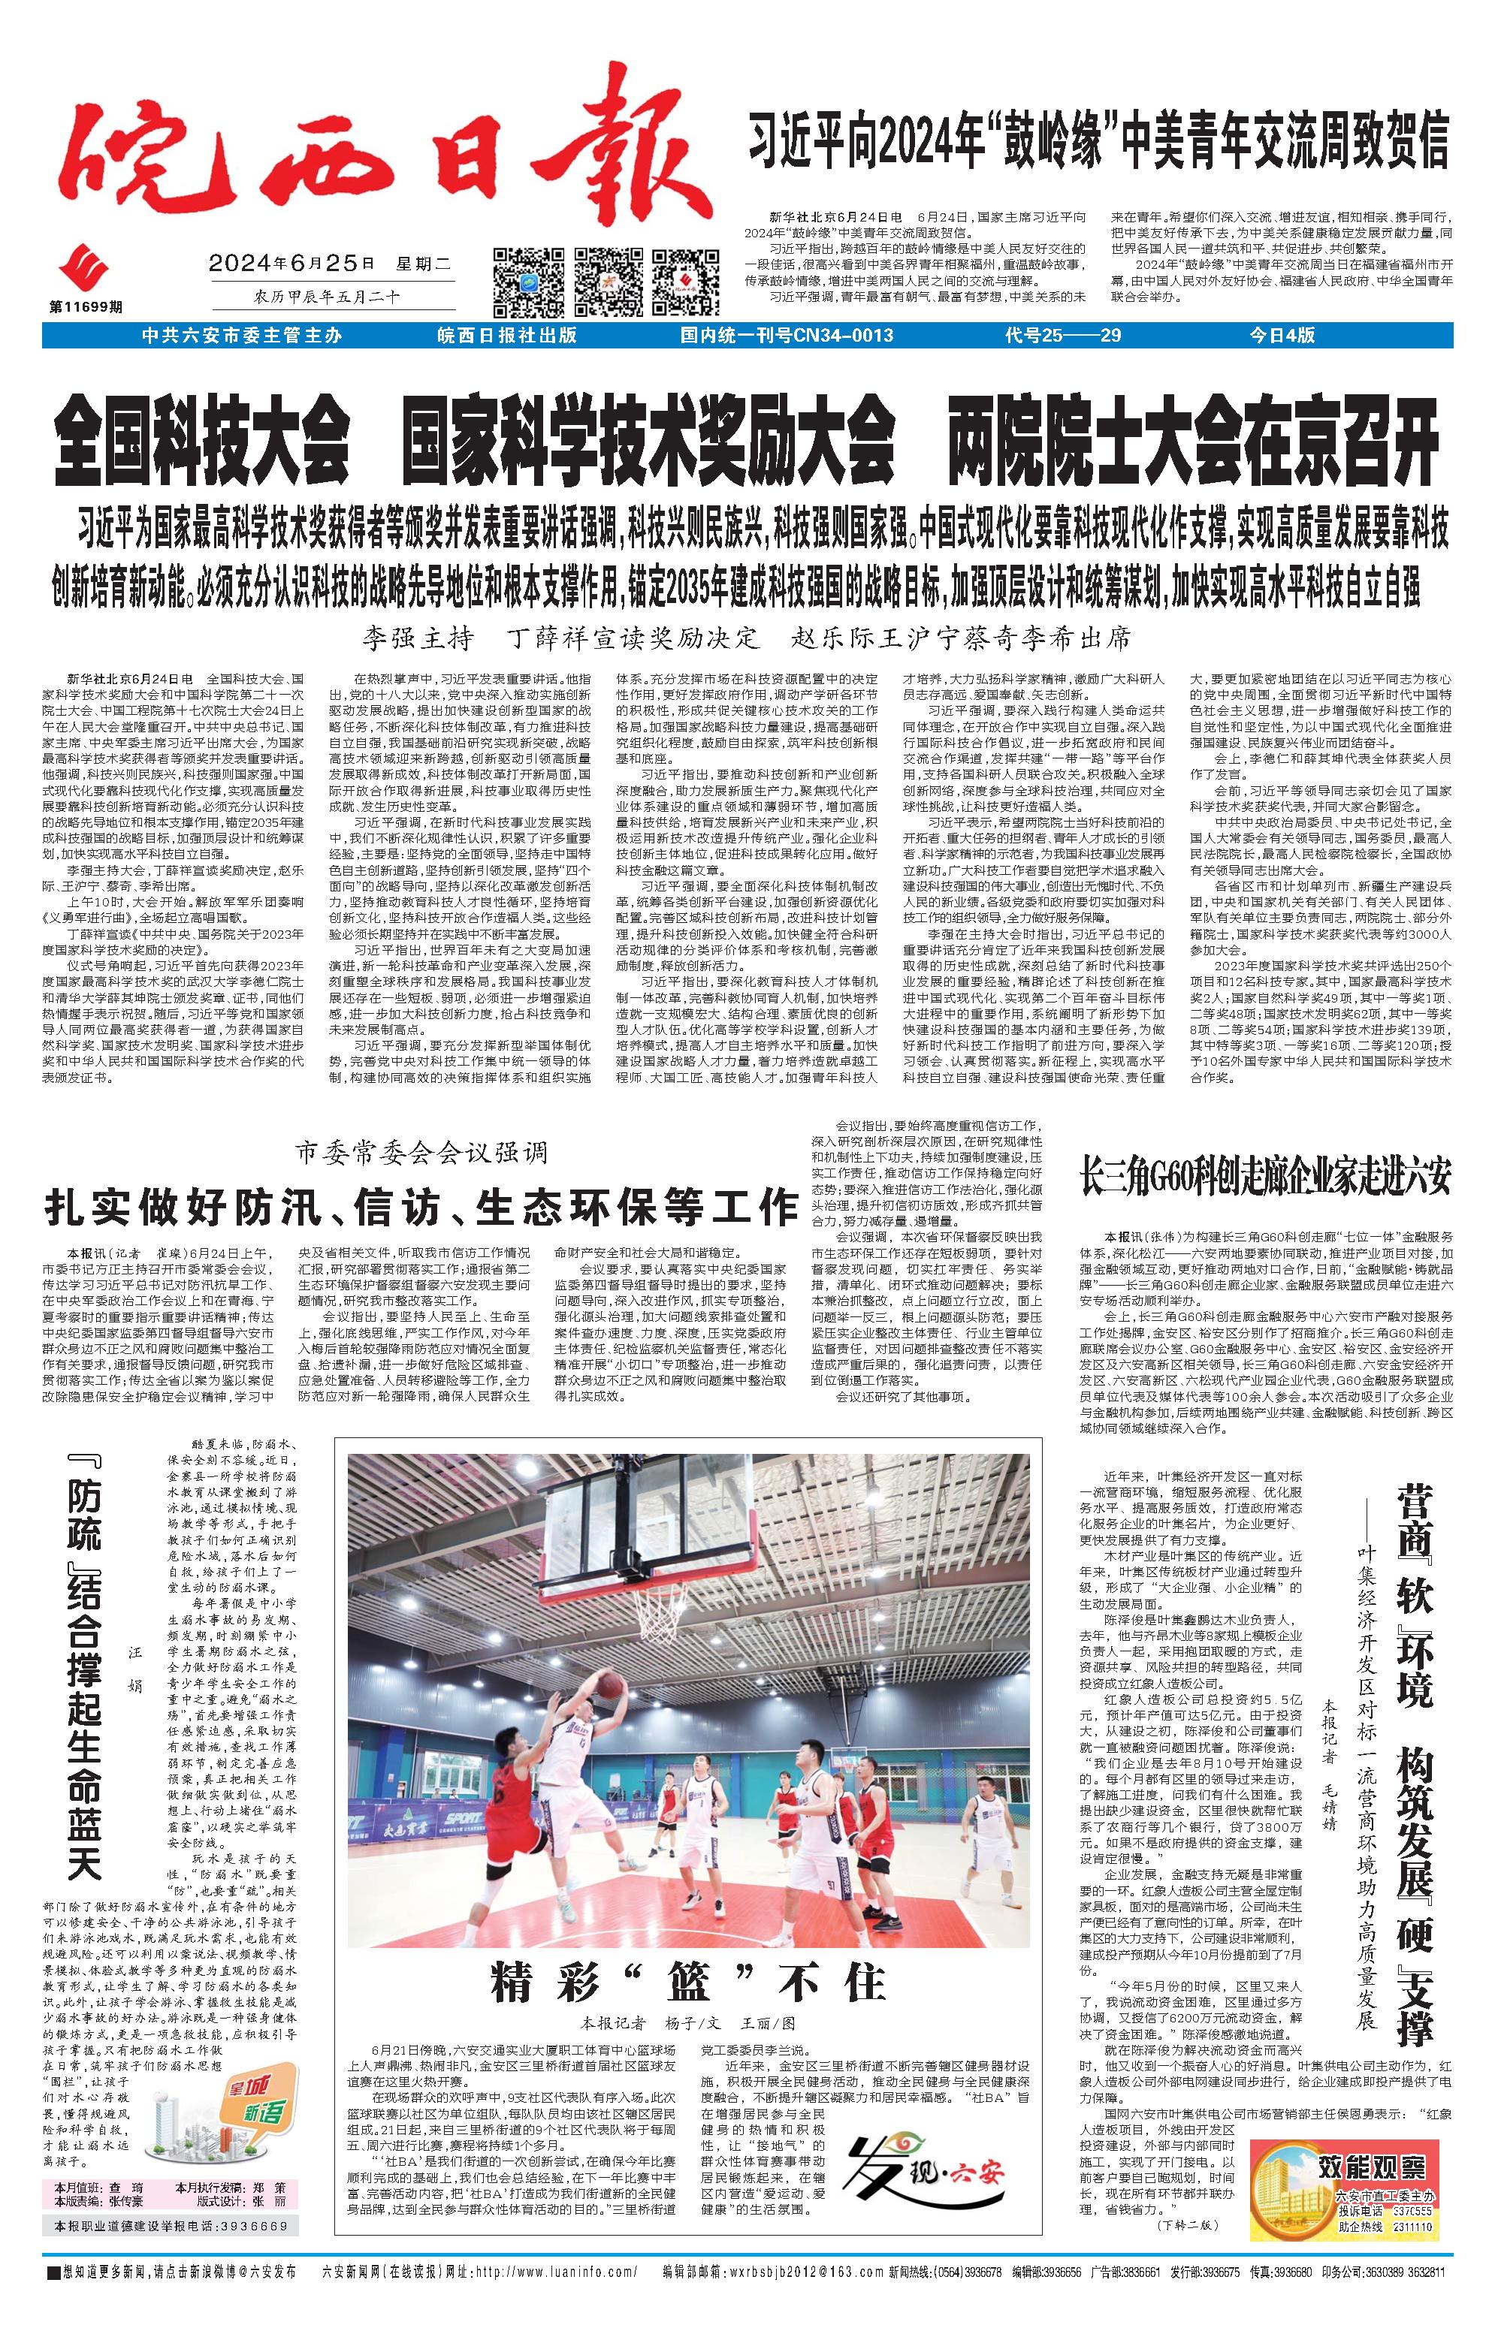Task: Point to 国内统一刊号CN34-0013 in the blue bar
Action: coord(787,336)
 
